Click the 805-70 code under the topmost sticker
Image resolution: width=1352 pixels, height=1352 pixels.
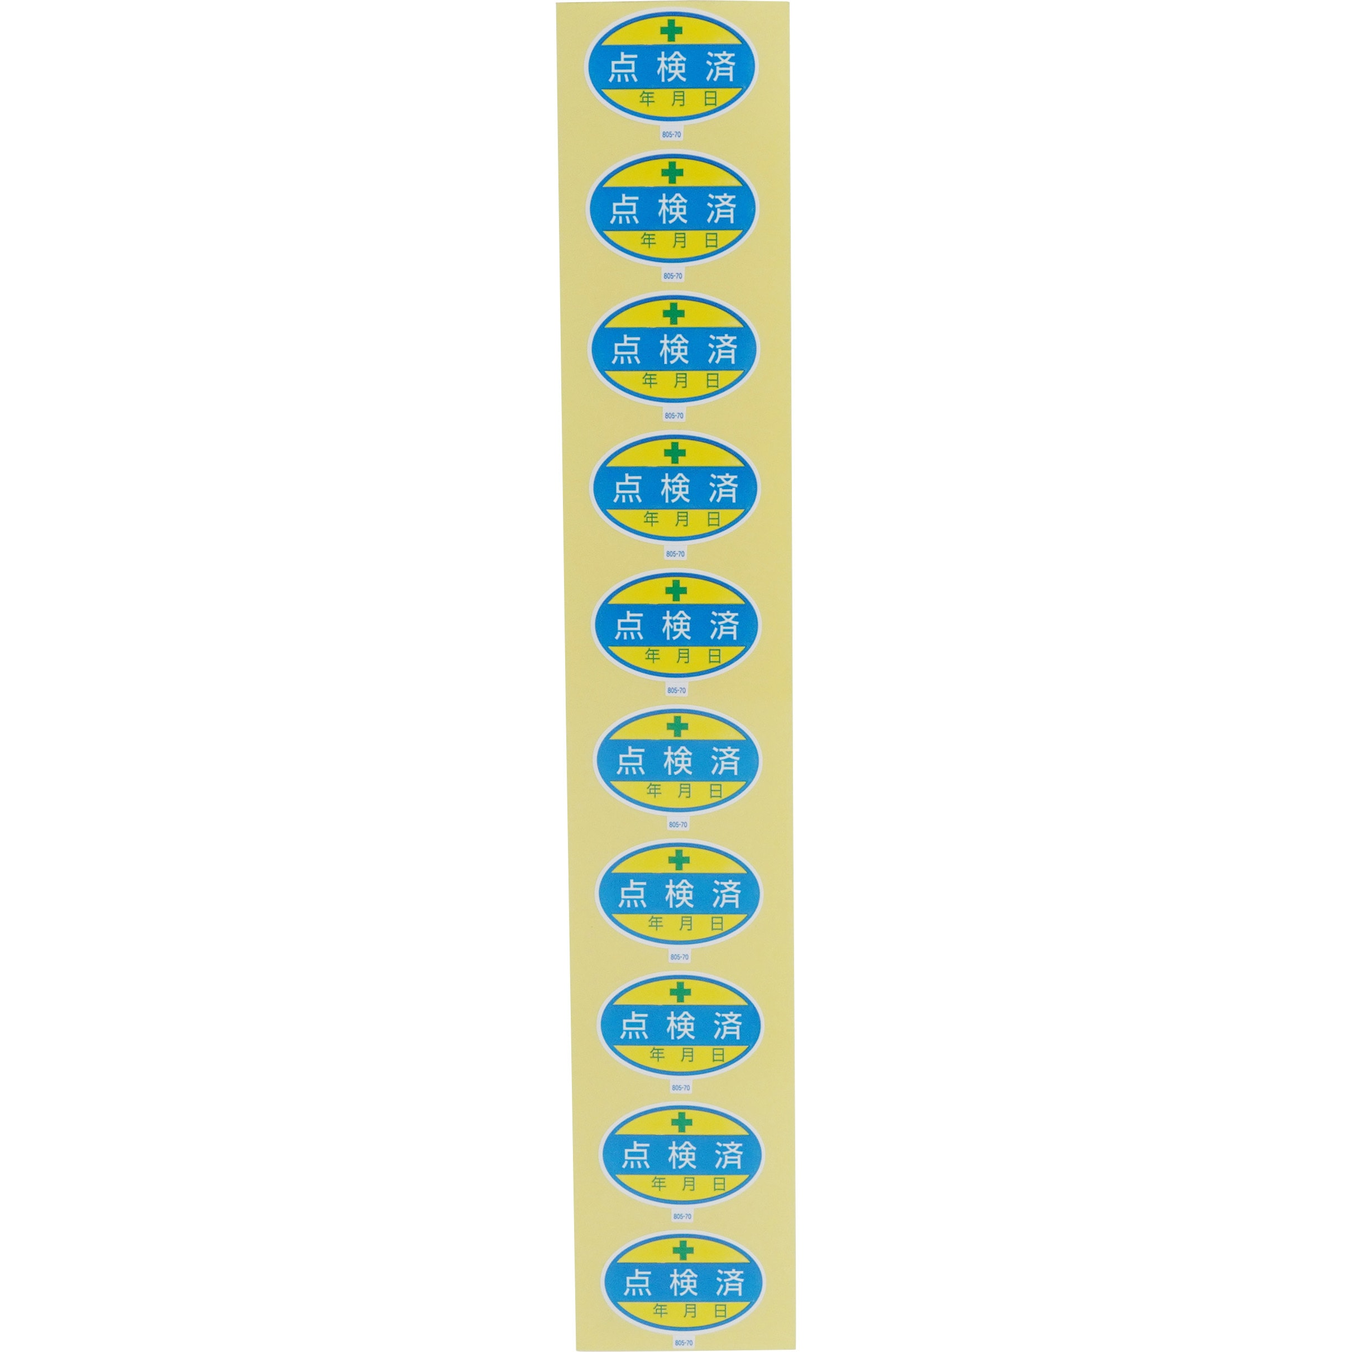(672, 135)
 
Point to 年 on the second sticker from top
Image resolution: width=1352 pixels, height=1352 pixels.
(648, 241)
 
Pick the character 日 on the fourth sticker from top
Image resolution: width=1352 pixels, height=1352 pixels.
(714, 519)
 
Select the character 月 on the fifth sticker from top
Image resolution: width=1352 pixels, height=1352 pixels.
(683, 656)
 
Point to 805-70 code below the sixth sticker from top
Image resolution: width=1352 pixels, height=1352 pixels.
(678, 824)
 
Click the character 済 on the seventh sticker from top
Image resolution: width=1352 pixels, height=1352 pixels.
(727, 894)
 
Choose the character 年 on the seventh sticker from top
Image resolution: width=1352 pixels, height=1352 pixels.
(656, 924)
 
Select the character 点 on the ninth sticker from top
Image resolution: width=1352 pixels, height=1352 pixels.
(636, 1155)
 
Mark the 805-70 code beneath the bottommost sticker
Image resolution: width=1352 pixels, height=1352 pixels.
(684, 1343)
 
